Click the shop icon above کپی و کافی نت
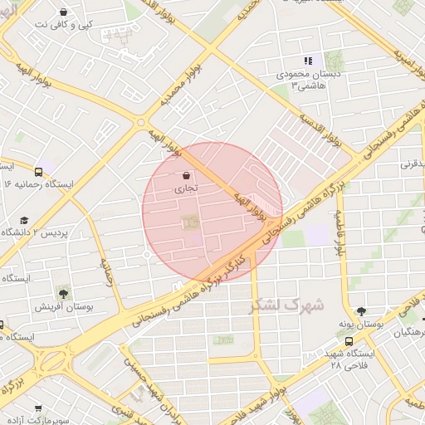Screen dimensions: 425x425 64,12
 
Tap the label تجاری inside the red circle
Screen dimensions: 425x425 184,189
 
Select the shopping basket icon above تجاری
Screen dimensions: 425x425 184,175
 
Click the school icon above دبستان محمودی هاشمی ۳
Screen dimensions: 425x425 308,61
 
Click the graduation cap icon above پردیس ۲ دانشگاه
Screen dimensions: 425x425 24,220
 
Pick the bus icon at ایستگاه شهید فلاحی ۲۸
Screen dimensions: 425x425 349,340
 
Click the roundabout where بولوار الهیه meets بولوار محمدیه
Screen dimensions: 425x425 139,122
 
